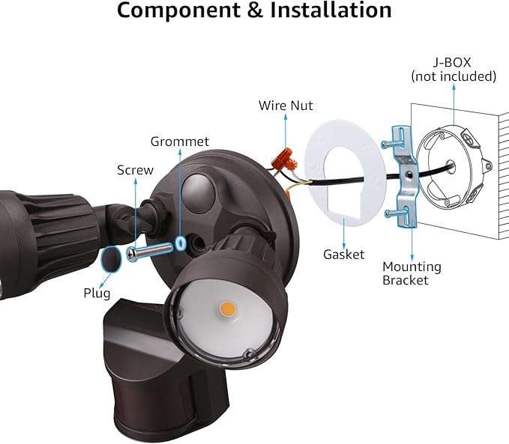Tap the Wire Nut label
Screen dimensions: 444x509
coord(286,106)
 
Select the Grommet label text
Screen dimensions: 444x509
coord(180,141)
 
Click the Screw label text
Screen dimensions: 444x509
coord(135,170)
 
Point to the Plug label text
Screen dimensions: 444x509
coord(97,294)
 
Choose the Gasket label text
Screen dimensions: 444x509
coord(343,255)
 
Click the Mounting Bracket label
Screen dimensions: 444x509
coord(412,273)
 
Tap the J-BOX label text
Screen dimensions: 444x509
coord(454,62)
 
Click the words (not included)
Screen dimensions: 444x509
coord(454,76)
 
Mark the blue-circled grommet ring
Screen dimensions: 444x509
coord(180,244)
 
